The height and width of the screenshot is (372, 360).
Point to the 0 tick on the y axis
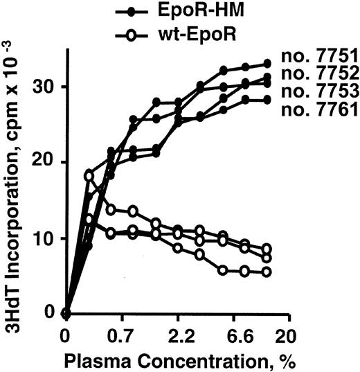(x=54, y=312)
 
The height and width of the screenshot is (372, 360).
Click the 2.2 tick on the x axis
(x=178, y=337)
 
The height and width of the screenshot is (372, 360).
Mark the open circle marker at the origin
(x=66, y=313)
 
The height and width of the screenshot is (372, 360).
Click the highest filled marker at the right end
(x=267, y=64)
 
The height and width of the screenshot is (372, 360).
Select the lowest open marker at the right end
(x=267, y=272)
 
